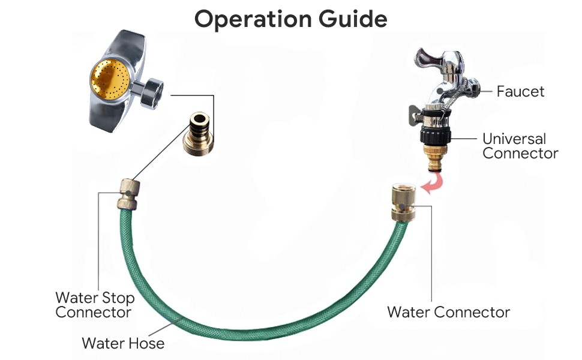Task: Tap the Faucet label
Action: pyautogui.click(x=520, y=92)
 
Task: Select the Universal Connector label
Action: pyautogui.click(x=520, y=146)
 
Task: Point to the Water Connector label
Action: pyautogui.click(x=448, y=312)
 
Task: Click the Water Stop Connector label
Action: pyautogui.click(x=95, y=305)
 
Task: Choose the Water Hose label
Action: pyautogui.click(x=123, y=343)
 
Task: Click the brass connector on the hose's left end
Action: pyautogui.click(x=127, y=193)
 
